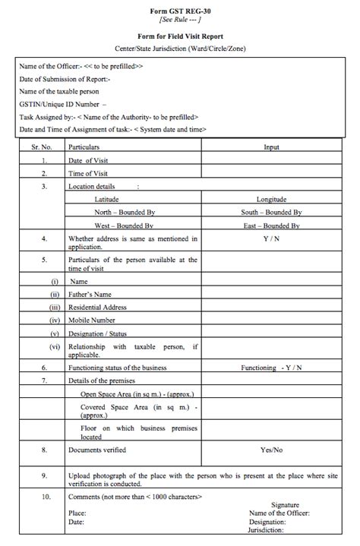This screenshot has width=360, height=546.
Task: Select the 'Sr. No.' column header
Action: tap(45, 147)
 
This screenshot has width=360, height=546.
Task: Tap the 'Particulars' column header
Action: tap(84, 147)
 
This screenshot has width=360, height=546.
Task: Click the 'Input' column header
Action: tap(271, 147)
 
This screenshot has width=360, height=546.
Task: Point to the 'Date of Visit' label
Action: tap(90, 160)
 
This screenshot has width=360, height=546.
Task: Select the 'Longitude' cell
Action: tap(272, 199)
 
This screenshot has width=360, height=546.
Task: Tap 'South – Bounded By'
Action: tap(271, 212)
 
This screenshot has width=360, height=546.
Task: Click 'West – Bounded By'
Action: tap(124, 226)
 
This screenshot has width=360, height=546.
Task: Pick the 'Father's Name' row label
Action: tap(90, 294)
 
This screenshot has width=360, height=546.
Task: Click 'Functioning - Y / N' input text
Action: tap(271, 367)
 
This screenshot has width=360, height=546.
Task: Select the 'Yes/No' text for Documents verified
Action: tap(271, 450)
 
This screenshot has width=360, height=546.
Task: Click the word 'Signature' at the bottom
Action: tap(285, 504)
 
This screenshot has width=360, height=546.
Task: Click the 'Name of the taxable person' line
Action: tap(59, 91)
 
